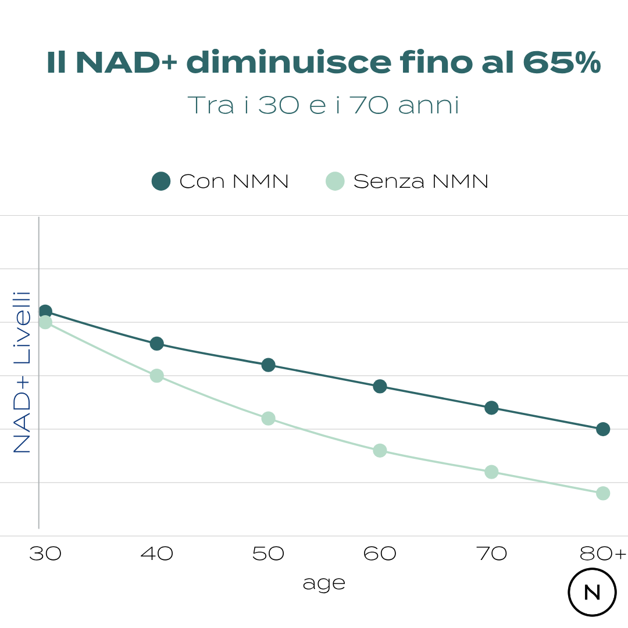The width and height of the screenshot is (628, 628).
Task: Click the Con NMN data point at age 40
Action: [x=156, y=344]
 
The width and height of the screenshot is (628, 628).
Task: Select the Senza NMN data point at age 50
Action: [x=268, y=418]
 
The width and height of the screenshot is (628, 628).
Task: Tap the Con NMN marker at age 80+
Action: [x=603, y=429]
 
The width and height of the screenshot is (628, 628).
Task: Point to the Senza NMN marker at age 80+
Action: [x=603, y=493]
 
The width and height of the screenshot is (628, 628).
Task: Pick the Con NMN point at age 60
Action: [x=380, y=386]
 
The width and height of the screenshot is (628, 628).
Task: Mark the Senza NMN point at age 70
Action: [x=491, y=472]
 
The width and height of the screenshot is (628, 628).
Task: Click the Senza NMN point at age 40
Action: [x=156, y=376]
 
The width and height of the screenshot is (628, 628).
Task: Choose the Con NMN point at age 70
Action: [x=491, y=408]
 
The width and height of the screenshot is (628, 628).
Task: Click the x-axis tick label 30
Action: [x=45, y=554]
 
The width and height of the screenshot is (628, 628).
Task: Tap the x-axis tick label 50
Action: [x=268, y=554]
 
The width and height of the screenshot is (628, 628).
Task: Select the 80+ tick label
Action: [x=603, y=554]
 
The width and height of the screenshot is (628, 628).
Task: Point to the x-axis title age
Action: [x=324, y=583]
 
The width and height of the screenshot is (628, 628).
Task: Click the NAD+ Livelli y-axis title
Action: [x=22, y=372]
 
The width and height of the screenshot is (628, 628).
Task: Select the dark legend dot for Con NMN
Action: [x=161, y=181]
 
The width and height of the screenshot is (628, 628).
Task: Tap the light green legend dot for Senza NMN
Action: [x=335, y=181]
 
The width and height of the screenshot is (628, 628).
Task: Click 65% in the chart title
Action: [x=562, y=63]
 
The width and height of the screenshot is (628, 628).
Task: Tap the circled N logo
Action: [x=592, y=592]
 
